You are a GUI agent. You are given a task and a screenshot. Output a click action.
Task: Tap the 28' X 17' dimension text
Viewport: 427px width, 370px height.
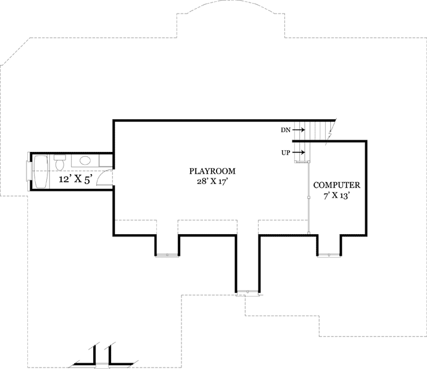tap(213, 182)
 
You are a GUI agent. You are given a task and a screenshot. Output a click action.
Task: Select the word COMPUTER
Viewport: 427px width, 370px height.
tap(336, 185)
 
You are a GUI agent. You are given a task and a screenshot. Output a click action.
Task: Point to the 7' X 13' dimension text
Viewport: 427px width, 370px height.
tap(336, 196)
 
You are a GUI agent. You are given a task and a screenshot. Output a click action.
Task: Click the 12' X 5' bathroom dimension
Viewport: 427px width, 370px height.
tap(75, 180)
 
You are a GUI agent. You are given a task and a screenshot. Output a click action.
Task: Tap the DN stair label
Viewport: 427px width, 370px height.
tap(285, 130)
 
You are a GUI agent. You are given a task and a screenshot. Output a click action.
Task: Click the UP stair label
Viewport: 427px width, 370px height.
tap(285, 152)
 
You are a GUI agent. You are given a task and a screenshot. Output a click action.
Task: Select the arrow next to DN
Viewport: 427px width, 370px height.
tap(299, 130)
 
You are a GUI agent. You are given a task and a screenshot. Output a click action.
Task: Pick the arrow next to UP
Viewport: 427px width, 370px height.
tap(299, 152)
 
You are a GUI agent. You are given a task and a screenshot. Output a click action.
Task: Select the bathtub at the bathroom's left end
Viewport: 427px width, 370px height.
tap(41, 171)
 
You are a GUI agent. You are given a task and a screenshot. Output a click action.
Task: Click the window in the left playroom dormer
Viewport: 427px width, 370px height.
tap(167, 254)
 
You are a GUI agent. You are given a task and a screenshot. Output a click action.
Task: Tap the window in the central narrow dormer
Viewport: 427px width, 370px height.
tap(247, 292)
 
